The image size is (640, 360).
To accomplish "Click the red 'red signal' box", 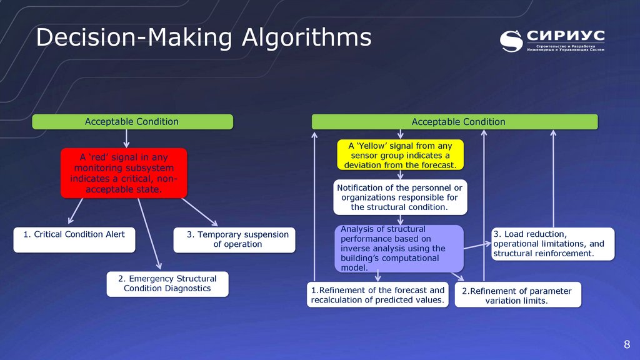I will pyautogui.click(x=124, y=172).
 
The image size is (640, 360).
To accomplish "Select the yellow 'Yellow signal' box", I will pyautogui.click(x=400, y=154).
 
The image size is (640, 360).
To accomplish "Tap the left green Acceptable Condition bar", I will pyautogui.click(x=132, y=121).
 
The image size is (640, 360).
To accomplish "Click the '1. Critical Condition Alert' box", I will pyautogui.click(x=74, y=239).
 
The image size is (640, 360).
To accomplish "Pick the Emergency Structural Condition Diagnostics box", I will pyautogui.click(x=167, y=284).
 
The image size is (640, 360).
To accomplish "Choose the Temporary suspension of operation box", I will pyautogui.click(x=233, y=239).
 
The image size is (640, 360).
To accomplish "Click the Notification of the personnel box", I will pyautogui.click(x=399, y=197).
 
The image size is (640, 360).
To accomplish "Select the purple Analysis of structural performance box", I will pyautogui.click(x=399, y=248).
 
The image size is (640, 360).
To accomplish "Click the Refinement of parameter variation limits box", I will pyautogui.click(x=517, y=295).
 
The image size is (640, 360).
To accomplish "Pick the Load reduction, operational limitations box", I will pyautogui.click(x=552, y=244).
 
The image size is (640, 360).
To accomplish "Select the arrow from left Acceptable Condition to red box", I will pyautogui.click(x=127, y=138).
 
